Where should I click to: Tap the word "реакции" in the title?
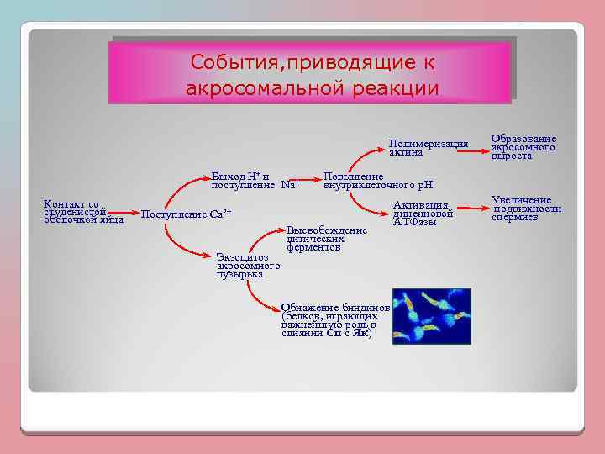tap(394, 87)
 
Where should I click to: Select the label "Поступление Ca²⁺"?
tap(186, 214)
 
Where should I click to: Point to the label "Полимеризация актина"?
tap(429, 148)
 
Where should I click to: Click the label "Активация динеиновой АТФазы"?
tap(423, 214)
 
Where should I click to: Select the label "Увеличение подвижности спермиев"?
tap(526, 209)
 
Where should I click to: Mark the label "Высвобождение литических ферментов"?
tap(327, 239)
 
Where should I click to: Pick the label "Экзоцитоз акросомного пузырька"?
tap(248, 265)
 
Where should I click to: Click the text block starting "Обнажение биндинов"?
tap(334, 320)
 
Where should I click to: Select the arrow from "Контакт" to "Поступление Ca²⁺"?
tap(133, 214)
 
